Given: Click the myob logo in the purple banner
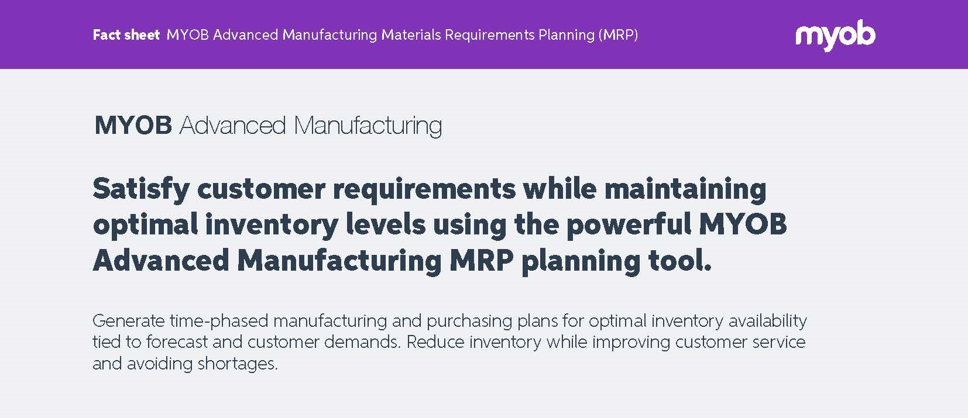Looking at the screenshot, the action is point(835,35).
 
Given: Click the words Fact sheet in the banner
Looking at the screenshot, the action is point(126,34).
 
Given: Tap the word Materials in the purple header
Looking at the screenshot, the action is point(410,34).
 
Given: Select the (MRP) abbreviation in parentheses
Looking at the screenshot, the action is point(618,34).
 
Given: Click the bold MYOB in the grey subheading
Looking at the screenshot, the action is point(133,126).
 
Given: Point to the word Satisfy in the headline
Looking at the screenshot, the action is point(141,189).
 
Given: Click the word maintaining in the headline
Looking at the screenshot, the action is point(685,189).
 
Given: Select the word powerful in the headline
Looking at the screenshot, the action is point(629,226).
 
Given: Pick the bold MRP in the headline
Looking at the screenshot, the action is point(482,261).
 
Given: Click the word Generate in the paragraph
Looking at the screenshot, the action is point(129,322).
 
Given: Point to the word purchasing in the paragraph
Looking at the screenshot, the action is point(469,322).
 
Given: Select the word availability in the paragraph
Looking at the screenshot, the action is point(767,322).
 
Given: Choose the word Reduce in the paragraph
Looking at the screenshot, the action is point(435,342).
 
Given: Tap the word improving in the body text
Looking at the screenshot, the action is point(631,343).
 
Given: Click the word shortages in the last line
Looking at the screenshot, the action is point(238,364).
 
